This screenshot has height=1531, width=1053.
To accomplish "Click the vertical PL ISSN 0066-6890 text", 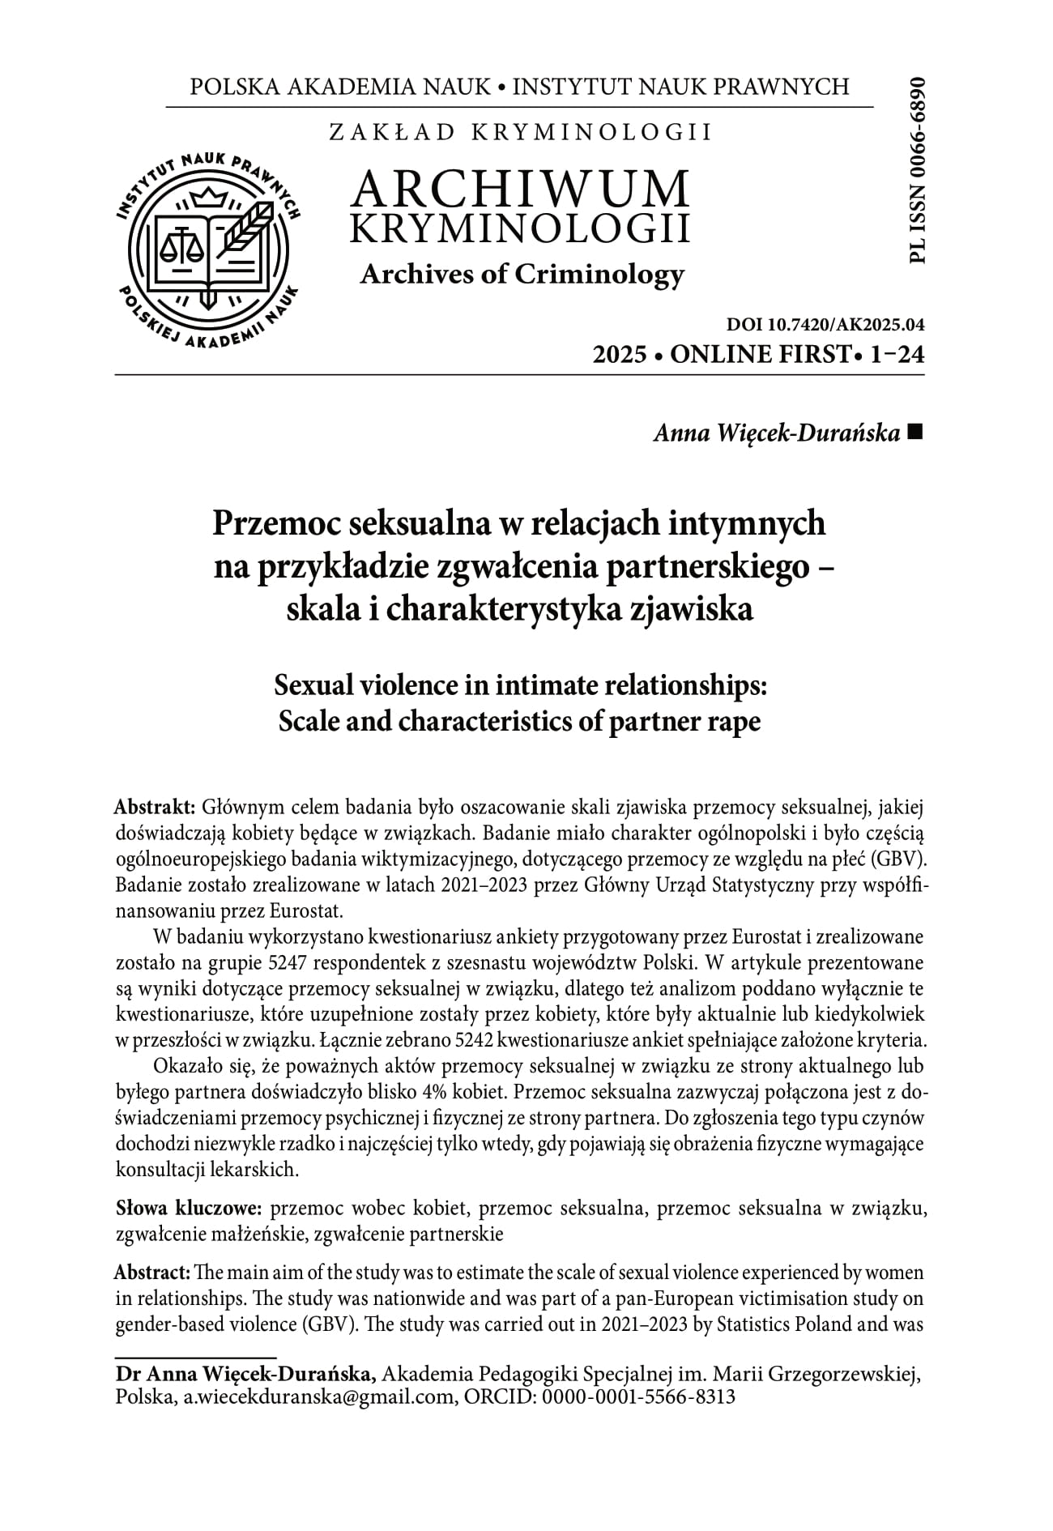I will pyautogui.click(x=916, y=171).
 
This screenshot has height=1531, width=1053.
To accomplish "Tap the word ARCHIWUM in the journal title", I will pyautogui.click(x=521, y=188).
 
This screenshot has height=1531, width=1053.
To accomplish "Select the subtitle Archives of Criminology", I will pyautogui.click(x=522, y=275).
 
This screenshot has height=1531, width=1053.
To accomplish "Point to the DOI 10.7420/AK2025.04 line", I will pyautogui.click(x=825, y=326).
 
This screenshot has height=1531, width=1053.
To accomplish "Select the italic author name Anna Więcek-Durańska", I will pyautogui.click(x=776, y=434).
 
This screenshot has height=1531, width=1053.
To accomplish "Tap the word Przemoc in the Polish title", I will pyautogui.click(x=274, y=523).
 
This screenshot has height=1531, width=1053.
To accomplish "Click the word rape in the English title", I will pyautogui.click(x=734, y=720).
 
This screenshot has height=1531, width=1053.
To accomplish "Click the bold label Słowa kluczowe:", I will pyautogui.click(x=189, y=1209).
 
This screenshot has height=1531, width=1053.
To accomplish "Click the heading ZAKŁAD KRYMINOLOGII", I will pyautogui.click(x=521, y=132).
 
